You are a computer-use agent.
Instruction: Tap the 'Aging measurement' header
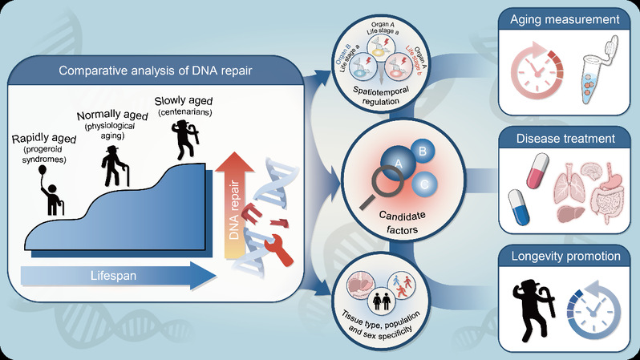tap(567, 18)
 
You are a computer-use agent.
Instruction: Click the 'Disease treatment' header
tap(567, 138)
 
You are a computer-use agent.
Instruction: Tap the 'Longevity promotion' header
tap(567, 257)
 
